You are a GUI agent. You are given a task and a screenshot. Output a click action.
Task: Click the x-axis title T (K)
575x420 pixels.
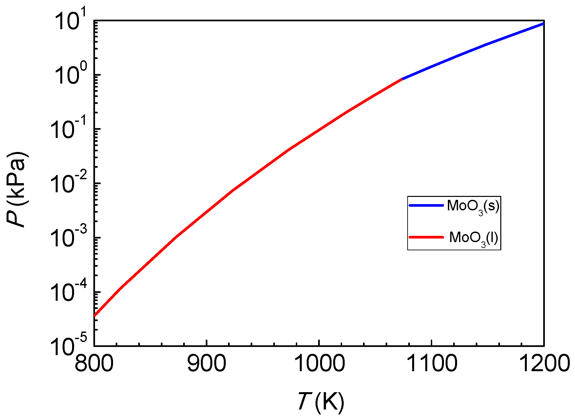click(321, 401)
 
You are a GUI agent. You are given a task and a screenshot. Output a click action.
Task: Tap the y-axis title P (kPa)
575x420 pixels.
click(17, 190)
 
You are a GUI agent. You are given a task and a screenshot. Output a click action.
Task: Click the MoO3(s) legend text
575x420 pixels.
click(473, 207)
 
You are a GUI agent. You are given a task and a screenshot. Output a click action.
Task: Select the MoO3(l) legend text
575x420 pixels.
click(473, 238)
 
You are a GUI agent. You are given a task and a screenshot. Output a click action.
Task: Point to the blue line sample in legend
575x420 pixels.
click(426, 205)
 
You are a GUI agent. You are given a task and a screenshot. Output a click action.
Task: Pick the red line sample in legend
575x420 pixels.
click(426, 237)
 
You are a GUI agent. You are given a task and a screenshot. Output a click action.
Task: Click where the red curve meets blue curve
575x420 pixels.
click(402, 79)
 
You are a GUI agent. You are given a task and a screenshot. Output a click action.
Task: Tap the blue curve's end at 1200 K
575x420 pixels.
click(544, 23)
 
